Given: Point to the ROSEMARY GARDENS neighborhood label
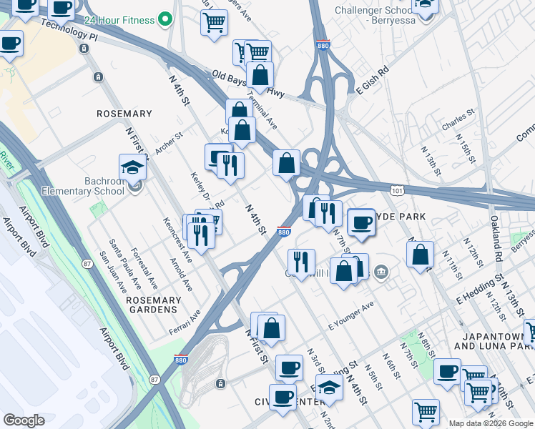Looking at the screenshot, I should tap(152, 305).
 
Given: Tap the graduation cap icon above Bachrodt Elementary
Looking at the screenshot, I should tap(133, 167).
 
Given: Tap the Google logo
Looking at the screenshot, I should tap(24, 420).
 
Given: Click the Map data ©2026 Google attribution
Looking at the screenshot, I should tap(491, 423).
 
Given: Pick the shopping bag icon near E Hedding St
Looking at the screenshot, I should tap(421, 254).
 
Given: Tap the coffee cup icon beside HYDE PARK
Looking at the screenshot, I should tap(362, 222).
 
